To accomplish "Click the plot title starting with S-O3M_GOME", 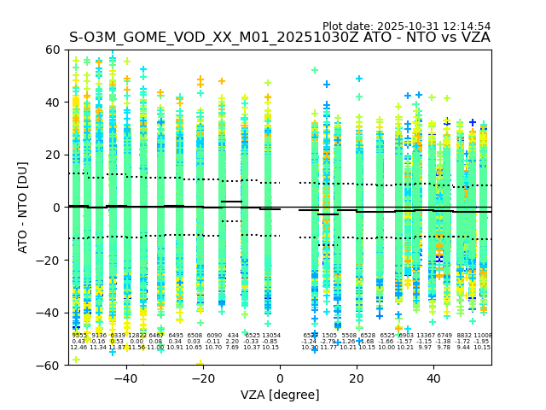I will coord(279,38).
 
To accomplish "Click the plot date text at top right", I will coord(406,26).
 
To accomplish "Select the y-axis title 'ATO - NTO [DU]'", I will coord(23,207).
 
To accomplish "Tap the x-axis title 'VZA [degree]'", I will coord(279,395).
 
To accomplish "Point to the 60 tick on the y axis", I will coord(54,50).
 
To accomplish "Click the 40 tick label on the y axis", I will coord(54,102).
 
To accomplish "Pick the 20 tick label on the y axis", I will coord(54,155).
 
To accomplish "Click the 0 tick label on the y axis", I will coord(57,208).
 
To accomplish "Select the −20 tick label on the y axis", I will coord(49,260).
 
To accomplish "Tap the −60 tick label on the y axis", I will coord(49,365).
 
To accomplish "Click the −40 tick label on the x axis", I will coord(125,378).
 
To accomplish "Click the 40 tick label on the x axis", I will coord(433,378).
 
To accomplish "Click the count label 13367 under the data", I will coord(425,336).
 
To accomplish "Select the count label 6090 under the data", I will coord(213,336).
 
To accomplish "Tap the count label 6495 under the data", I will coord(176,336).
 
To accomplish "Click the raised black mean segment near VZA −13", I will coord(231,202).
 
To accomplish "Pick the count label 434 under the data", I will coord(233,336).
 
